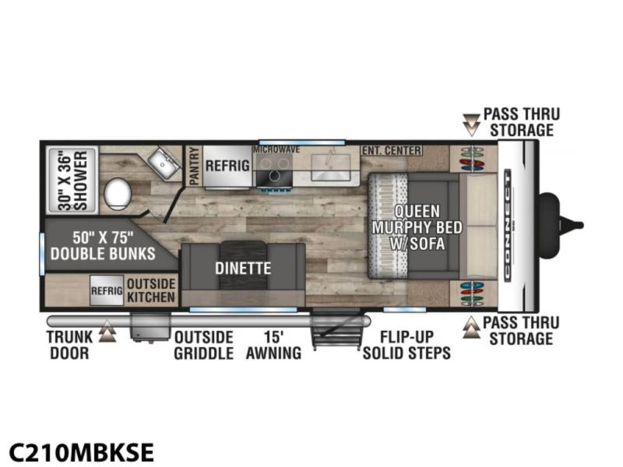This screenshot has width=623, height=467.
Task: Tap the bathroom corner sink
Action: tap(164, 162)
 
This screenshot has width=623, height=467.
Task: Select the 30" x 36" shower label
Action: tap(72, 180)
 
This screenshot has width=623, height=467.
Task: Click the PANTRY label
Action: tap(194, 166)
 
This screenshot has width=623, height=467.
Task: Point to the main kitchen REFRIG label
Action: tap(227, 165)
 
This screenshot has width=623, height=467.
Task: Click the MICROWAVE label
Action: tap(276, 149)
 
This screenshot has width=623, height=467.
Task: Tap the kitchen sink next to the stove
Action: tap(330, 167)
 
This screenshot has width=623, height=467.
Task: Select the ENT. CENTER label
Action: tap(392, 150)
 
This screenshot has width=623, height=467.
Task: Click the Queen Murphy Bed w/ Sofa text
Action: tap(417, 227)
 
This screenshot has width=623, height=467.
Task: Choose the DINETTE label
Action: tap(243, 268)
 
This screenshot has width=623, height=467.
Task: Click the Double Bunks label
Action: tap(103, 246)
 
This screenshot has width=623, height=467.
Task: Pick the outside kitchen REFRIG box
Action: tap(107, 290)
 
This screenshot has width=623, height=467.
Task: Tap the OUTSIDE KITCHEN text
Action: tap(151, 290)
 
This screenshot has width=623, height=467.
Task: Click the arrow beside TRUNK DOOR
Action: tap(107, 332)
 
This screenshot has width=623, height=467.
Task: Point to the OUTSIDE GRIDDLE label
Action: tap(203, 345)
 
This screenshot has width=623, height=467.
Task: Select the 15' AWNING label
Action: tap(273, 345)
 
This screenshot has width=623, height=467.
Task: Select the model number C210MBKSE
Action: tap(82, 452)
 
